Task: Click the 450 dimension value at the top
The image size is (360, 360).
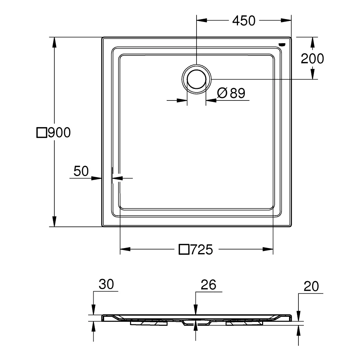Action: [244, 21]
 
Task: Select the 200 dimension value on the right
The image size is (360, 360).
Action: [312, 59]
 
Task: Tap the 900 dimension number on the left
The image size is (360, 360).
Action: [59, 132]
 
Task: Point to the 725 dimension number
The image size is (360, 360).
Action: [202, 249]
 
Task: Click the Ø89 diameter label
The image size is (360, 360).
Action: [231, 93]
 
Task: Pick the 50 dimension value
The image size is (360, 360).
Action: [81, 171]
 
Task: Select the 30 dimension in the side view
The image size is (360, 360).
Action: [106, 284]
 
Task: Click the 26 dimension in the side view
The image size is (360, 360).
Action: [208, 285]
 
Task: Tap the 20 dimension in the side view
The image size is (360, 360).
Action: [311, 286]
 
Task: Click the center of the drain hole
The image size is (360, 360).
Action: [197, 79]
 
